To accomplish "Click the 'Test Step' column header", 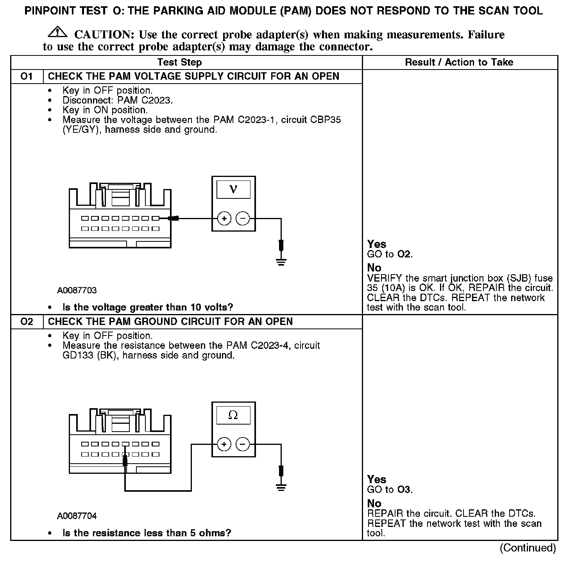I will point(179,62).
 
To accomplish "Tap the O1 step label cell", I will point(27,77).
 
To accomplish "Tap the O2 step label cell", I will point(27,322).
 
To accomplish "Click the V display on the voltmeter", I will point(233,189).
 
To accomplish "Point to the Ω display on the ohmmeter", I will point(233,415).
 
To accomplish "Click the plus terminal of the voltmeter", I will point(224,219).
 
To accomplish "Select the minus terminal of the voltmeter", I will point(243,219).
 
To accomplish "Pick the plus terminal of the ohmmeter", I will point(224,444).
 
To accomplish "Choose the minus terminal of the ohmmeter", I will point(243,444).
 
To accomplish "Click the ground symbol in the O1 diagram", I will point(281,261).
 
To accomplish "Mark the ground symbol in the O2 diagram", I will point(281,487).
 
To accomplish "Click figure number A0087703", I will point(77,291).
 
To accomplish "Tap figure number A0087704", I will point(77,516).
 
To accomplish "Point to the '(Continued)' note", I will point(528,548).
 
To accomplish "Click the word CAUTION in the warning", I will point(104,35).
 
